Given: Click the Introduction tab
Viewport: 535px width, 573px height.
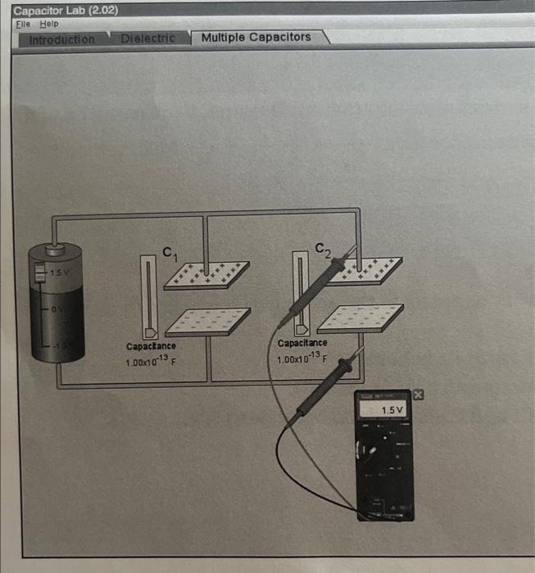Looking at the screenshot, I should point(61,39).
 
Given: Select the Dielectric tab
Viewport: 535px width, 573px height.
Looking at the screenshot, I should point(147,38).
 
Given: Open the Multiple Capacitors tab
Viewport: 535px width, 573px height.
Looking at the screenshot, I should point(256,38).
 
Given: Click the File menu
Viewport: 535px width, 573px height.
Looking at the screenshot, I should point(22,24).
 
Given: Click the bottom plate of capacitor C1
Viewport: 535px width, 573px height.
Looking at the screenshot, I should point(208,322).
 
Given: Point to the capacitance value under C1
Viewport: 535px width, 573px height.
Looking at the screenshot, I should point(151,360).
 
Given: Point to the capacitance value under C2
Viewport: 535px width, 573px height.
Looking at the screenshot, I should point(302,359).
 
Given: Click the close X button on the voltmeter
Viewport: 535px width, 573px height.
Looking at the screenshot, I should point(419,395).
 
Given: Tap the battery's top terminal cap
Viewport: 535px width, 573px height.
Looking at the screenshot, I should point(56,246).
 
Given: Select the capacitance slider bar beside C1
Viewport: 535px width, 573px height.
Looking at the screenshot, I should point(147,296).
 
